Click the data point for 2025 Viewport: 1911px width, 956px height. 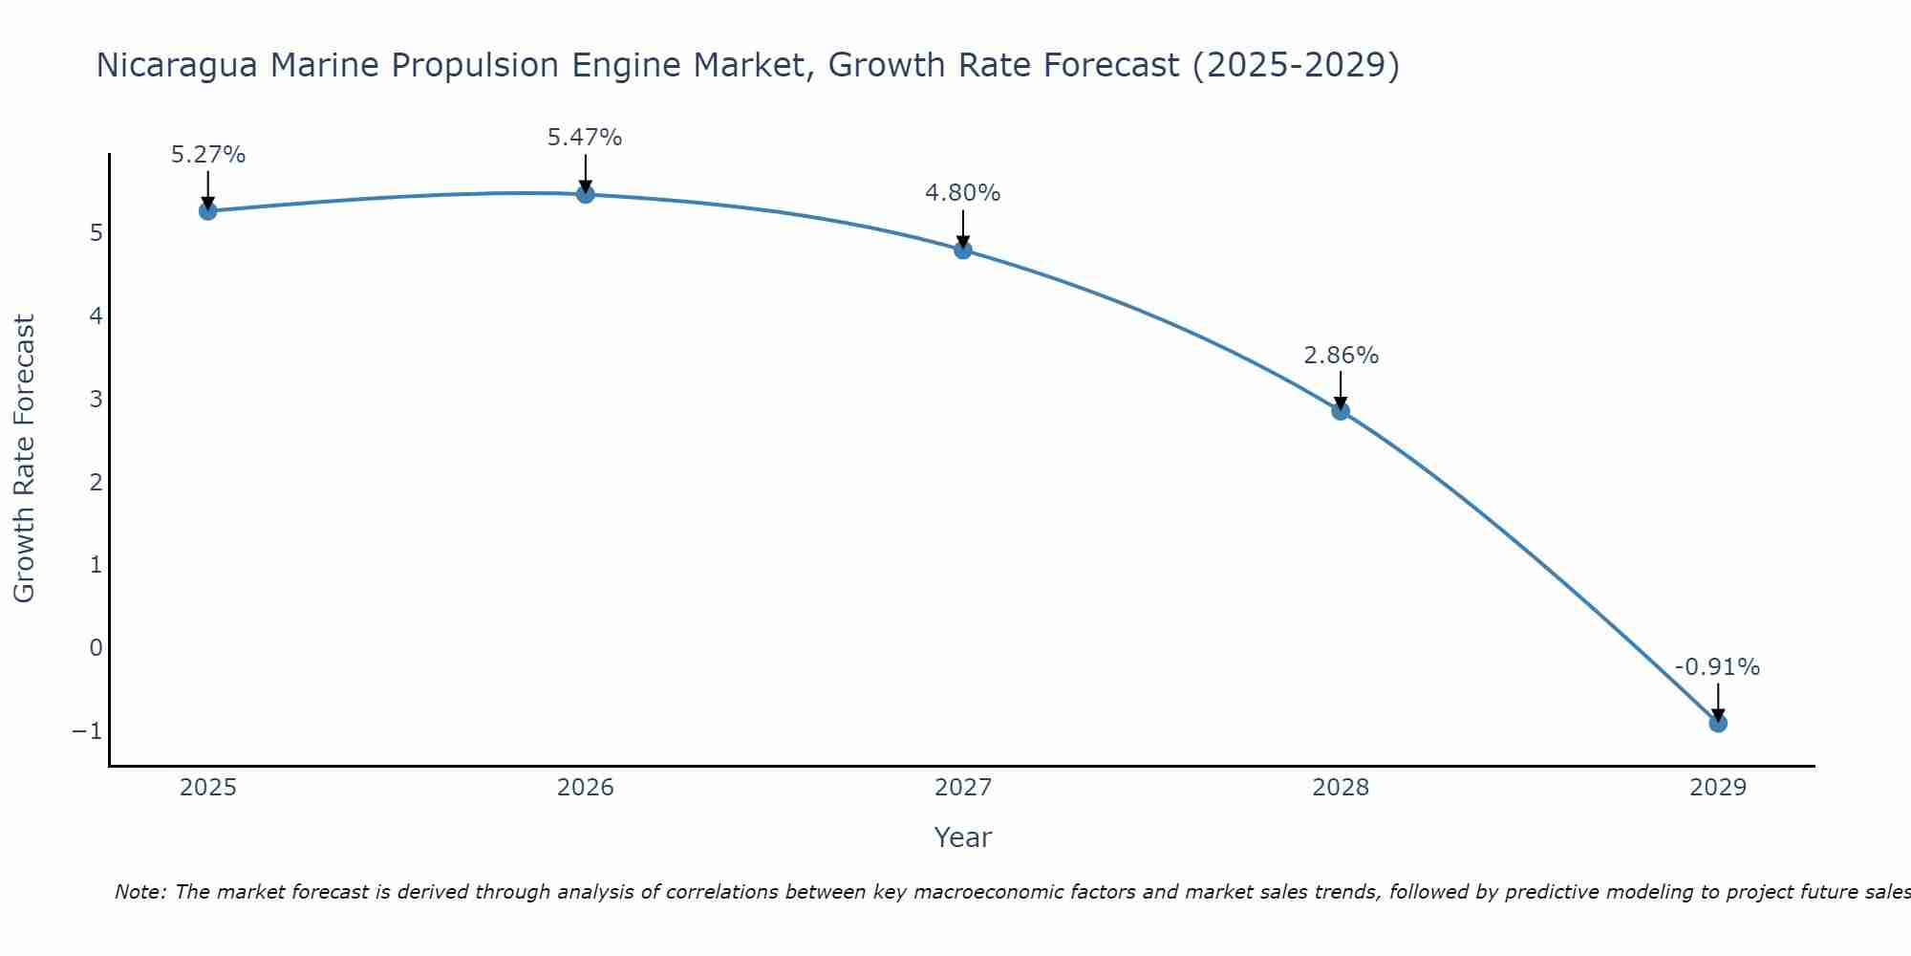click(207, 210)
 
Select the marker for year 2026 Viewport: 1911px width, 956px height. click(586, 194)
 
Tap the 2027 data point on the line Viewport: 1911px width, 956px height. click(963, 250)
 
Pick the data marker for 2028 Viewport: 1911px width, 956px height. click(1341, 411)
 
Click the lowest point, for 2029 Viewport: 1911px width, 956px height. click(1718, 724)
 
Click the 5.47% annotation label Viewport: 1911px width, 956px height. click(585, 138)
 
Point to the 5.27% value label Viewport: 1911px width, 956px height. click(208, 155)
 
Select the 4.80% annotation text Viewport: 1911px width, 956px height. click(963, 193)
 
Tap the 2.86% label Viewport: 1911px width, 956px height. click(1342, 356)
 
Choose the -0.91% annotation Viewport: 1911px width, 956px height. click(1717, 667)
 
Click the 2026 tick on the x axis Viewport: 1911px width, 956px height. click(586, 788)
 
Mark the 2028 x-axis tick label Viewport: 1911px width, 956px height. click(1341, 788)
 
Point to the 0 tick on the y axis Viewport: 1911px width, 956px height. click(96, 648)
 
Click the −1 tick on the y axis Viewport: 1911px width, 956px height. click(87, 731)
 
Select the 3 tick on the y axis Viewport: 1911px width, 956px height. click(96, 399)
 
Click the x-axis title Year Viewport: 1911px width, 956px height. click(963, 837)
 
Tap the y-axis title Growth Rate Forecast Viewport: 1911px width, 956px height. click(24, 459)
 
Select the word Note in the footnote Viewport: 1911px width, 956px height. click(140, 892)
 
